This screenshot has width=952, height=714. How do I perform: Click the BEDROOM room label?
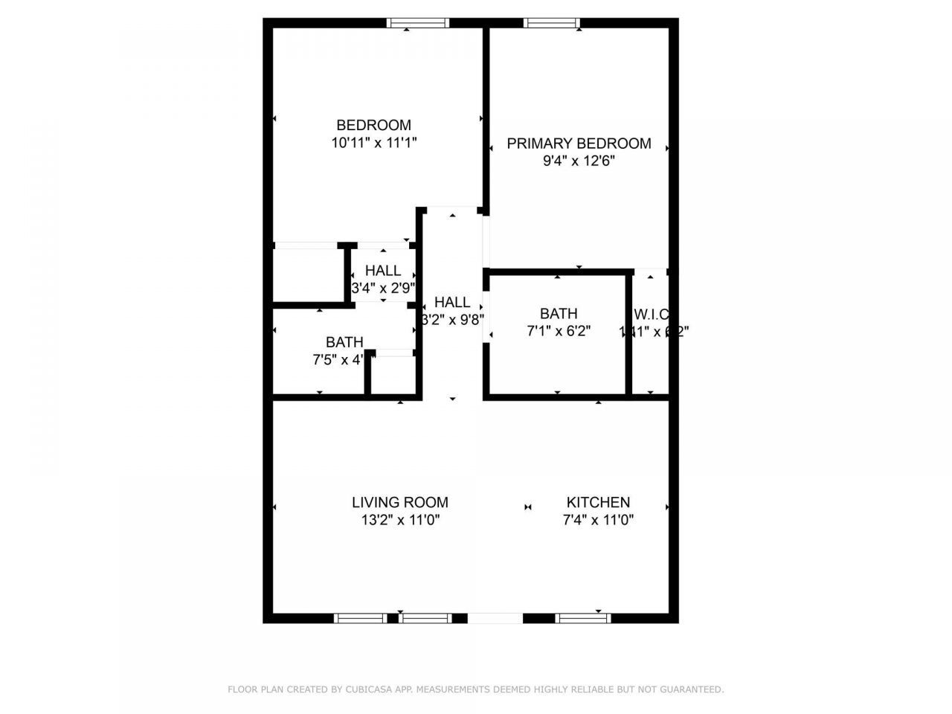(x=373, y=125)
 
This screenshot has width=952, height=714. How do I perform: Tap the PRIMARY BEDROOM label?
(x=579, y=144)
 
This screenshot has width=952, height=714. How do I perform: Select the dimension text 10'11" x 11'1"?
(x=373, y=144)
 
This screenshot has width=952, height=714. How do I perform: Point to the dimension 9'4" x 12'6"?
(x=579, y=161)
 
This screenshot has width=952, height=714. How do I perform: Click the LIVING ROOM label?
(x=400, y=503)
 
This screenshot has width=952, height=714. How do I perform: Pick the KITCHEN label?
(x=598, y=503)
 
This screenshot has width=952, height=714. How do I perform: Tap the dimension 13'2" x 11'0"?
(x=401, y=521)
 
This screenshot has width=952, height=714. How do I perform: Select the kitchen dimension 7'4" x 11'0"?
(x=598, y=521)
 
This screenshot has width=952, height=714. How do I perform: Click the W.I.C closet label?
(x=652, y=314)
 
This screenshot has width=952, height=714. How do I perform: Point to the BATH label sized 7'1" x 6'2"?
(x=559, y=314)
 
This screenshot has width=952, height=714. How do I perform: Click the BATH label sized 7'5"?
(x=344, y=342)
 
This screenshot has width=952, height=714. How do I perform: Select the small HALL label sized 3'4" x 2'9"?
(x=383, y=271)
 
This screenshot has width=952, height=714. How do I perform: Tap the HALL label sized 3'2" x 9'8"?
(x=452, y=302)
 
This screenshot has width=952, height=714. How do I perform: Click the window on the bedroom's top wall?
(x=418, y=23)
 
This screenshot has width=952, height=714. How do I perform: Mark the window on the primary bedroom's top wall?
(x=551, y=23)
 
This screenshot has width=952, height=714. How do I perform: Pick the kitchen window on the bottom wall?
(x=583, y=617)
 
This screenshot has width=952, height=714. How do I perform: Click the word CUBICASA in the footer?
(x=369, y=689)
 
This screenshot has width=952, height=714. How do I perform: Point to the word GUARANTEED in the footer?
(x=694, y=689)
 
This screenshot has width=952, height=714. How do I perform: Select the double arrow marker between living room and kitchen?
(x=528, y=507)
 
